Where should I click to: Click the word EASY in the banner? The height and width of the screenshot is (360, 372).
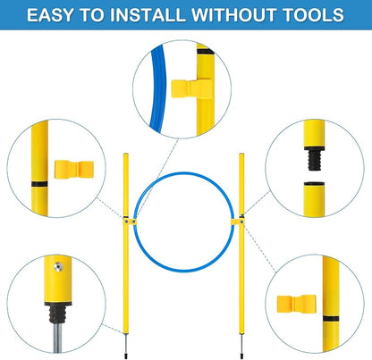click(x=50, y=15)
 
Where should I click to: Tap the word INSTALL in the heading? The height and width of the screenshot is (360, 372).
click(x=147, y=15)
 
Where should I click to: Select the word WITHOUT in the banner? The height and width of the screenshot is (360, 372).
click(x=233, y=15)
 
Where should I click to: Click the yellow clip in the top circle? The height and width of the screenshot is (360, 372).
click(x=191, y=88)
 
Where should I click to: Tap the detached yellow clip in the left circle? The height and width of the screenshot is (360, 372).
click(x=74, y=170)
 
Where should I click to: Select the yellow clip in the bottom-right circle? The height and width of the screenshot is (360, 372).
click(x=297, y=304)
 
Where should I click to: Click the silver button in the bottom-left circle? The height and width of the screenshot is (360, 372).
click(x=58, y=267)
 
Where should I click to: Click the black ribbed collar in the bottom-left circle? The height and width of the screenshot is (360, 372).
click(x=57, y=314)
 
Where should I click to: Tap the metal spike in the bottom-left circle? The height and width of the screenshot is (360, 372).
click(x=57, y=338)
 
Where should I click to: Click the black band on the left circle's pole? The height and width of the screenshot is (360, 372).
click(x=39, y=184)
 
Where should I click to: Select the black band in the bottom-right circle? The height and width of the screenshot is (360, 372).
click(x=331, y=319)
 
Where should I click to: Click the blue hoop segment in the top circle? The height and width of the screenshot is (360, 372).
click(x=157, y=89)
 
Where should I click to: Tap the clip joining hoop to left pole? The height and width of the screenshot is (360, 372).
click(x=130, y=222)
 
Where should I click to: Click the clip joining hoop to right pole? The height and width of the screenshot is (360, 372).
click(x=238, y=222)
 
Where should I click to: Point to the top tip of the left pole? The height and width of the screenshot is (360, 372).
click(x=126, y=154)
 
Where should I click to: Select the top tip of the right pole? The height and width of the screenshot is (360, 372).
click(x=241, y=154)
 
